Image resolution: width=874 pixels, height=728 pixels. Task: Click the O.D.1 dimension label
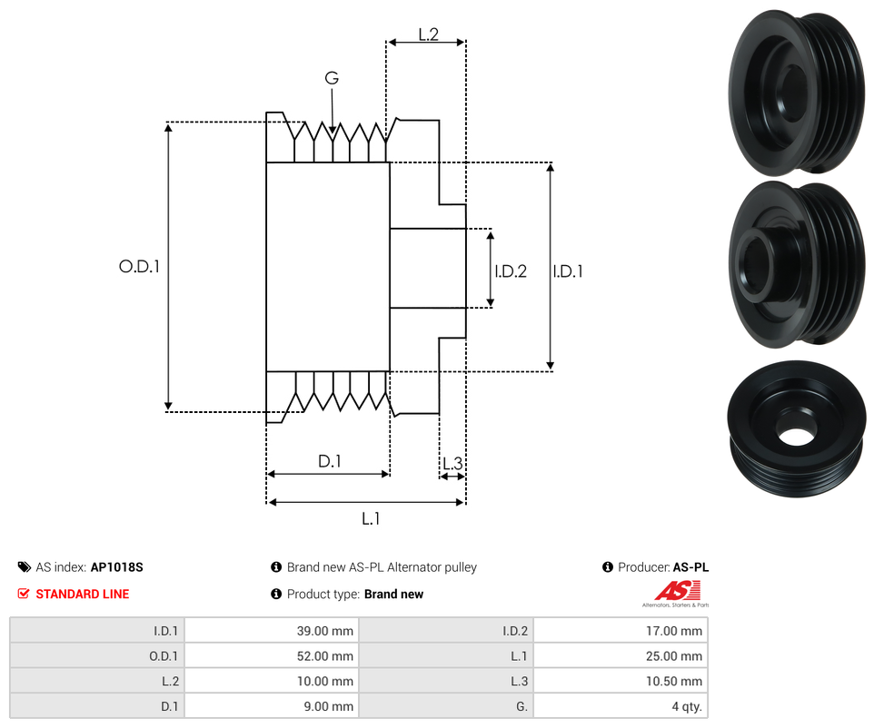(x=139, y=267)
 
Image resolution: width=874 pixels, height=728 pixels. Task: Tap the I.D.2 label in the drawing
(x=511, y=271)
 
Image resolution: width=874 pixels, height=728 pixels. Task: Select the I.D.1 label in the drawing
(x=568, y=271)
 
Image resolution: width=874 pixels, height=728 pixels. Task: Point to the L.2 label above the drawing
(x=429, y=34)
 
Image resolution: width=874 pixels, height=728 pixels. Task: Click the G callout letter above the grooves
(x=332, y=79)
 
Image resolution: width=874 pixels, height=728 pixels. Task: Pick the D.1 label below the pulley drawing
(x=329, y=461)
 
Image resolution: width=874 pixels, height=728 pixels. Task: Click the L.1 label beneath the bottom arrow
(x=371, y=518)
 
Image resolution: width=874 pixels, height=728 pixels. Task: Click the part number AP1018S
(x=116, y=567)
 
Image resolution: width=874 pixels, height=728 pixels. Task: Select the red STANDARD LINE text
(x=82, y=595)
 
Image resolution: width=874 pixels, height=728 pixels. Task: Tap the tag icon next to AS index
(x=25, y=567)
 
